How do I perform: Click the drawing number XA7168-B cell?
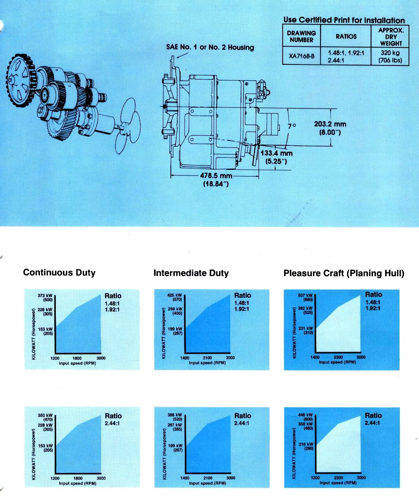click(301, 56)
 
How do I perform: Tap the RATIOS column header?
click(346, 36)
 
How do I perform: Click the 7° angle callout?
click(292, 126)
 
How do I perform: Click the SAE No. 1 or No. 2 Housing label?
click(210, 47)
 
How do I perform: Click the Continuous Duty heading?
click(59, 272)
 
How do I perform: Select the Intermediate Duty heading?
click(191, 273)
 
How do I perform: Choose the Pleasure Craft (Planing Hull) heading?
click(344, 273)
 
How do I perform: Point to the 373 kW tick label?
click(45, 296)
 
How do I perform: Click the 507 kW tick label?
click(306, 295)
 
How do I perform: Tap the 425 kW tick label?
click(175, 295)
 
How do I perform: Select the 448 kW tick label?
click(306, 415)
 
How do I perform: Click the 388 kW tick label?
click(175, 415)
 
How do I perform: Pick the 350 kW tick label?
click(45, 415)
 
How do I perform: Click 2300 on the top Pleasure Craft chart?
click(338, 357)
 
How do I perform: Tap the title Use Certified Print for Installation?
click(344, 20)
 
